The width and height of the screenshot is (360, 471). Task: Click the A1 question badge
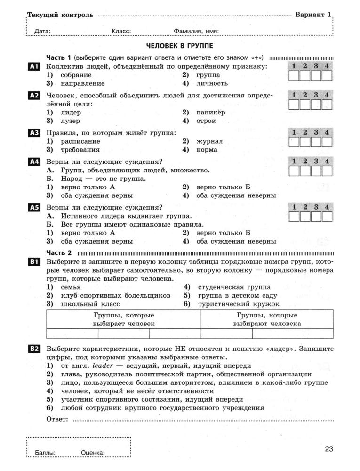[34, 67]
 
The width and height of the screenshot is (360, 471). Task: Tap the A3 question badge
[34, 133]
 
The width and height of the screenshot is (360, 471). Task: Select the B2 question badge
[34, 349]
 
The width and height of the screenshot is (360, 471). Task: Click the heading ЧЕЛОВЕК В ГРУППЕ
[180, 46]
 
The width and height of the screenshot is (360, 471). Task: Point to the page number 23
[328, 449]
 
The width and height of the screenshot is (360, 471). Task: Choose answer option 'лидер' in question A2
[71, 113]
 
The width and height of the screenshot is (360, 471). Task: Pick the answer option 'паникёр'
[211, 113]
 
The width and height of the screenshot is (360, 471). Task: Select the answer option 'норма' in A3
[207, 150]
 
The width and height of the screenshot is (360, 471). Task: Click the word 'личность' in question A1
[212, 83]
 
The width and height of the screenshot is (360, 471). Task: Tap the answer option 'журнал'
[209, 141]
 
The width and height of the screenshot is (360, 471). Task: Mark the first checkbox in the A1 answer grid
[294, 76]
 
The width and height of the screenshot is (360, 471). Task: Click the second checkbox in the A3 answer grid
[305, 142]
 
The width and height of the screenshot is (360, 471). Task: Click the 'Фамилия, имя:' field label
[196, 32]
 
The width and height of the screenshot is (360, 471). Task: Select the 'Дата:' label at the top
[43, 32]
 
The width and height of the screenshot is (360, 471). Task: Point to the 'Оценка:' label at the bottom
[93, 453]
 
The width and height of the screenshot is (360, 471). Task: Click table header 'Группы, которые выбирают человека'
[267, 319]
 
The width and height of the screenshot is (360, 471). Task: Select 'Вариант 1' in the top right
[313, 15]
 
